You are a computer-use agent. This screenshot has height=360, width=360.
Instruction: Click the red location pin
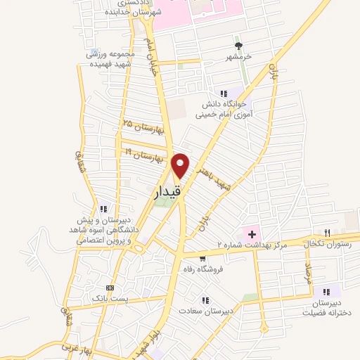(181, 165)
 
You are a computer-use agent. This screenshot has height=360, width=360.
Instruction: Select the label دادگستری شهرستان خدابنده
(156, 8)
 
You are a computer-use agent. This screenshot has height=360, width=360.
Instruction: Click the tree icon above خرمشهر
(237, 40)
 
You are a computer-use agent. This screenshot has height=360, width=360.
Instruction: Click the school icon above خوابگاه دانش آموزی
(224, 93)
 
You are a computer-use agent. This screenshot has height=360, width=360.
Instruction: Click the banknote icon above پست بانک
(109, 287)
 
